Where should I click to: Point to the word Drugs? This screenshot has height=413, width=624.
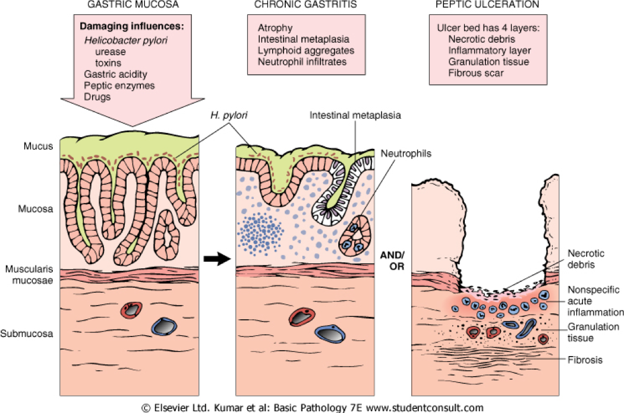tap(97, 97)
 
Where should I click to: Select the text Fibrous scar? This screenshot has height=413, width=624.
tap(476, 72)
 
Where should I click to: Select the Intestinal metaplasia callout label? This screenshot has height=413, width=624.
tap(355, 115)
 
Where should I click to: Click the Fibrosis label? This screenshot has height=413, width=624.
tap(585, 360)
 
